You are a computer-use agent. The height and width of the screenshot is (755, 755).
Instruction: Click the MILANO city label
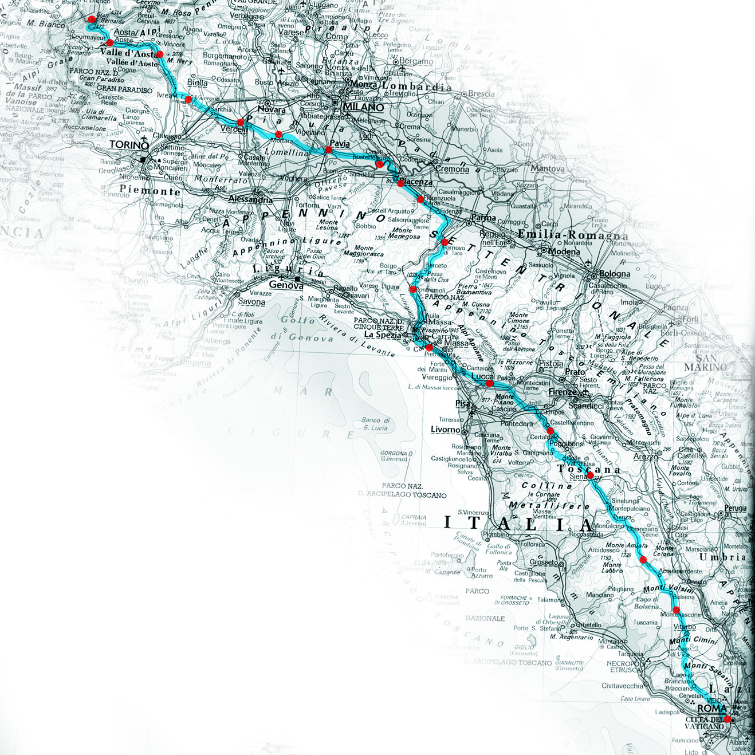[x=363, y=107]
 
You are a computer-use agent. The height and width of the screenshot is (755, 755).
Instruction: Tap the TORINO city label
[x=129, y=145]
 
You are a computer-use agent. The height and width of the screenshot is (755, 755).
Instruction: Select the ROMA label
[x=711, y=709]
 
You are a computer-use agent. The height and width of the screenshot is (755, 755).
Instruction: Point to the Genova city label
[x=286, y=285]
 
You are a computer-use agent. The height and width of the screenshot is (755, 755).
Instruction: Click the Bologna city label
[x=615, y=274]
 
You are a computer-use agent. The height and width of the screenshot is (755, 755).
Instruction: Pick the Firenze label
[x=563, y=392]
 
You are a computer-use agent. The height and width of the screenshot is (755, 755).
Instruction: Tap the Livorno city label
[x=445, y=430]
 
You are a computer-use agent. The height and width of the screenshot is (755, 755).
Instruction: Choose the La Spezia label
[x=383, y=335]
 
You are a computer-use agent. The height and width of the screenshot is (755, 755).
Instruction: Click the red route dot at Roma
[x=727, y=719]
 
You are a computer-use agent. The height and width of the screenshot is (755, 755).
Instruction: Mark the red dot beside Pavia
[x=328, y=150]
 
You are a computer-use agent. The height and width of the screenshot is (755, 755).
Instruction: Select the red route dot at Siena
[x=590, y=475]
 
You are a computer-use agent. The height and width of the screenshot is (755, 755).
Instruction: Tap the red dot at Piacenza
[x=400, y=183]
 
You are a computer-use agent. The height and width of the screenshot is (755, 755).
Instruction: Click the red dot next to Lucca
[x=490, y=383]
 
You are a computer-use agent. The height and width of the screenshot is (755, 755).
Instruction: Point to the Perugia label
[x=735, y=508]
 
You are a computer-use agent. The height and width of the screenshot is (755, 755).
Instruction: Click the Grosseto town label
[x=543, y=562]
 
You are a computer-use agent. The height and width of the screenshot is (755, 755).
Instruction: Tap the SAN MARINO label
[x=705, y=362]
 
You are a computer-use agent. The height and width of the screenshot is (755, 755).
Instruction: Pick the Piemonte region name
[x=150, y=190]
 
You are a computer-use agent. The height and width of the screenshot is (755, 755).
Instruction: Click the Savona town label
[x=251, y=302]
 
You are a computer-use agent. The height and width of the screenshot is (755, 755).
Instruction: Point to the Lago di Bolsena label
[x=647, y=603]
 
